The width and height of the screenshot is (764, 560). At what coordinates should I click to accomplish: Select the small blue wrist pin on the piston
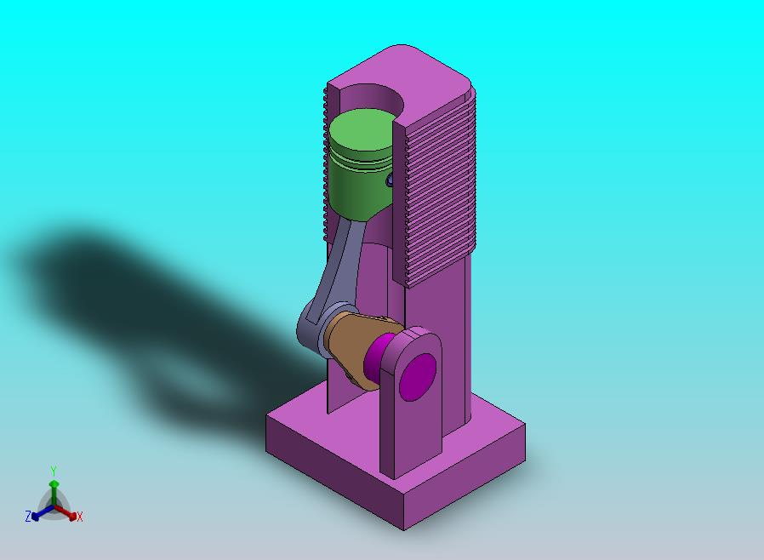[390, 180]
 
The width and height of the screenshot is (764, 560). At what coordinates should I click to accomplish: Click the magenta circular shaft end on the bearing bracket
[418, 377]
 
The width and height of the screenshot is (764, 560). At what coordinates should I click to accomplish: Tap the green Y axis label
[54, 471]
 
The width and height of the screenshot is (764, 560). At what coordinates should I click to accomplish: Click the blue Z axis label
[28, 516]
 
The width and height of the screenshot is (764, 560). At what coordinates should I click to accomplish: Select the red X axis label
[80, 517]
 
